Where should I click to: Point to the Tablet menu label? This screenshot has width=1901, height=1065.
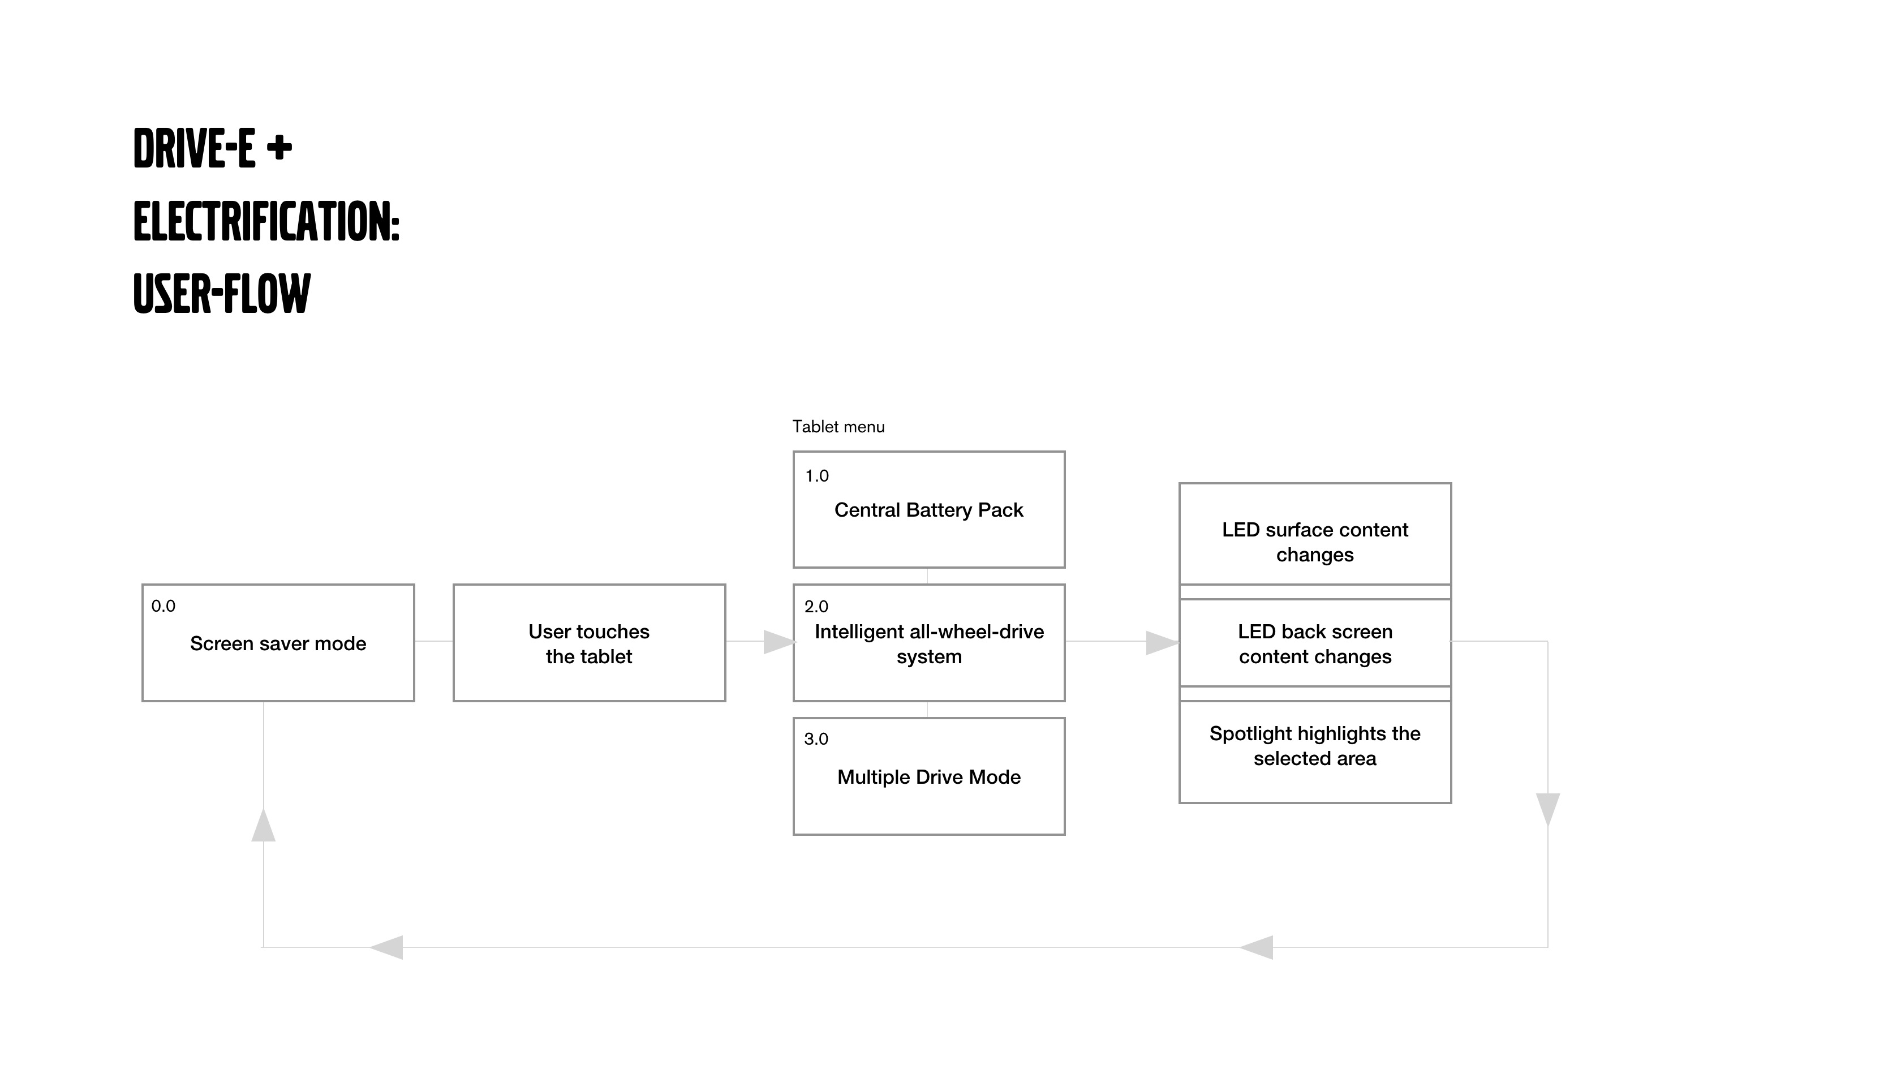point(838,427)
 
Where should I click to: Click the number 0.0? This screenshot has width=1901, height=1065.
point(163,606)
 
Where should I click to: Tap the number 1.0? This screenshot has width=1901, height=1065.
point(817,476)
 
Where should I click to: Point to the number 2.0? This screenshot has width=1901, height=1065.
point(816,607)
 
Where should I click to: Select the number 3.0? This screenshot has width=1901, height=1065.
point(816,739)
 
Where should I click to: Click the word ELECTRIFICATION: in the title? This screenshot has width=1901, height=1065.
point(266,221)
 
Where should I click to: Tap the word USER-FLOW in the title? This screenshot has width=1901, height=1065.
point(222,294)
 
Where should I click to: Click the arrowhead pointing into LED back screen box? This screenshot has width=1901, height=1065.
point(1162,643)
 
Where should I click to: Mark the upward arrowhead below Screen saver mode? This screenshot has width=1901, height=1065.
point(264,825)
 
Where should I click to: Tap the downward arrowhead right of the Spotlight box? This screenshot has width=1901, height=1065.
point(1547,810)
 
